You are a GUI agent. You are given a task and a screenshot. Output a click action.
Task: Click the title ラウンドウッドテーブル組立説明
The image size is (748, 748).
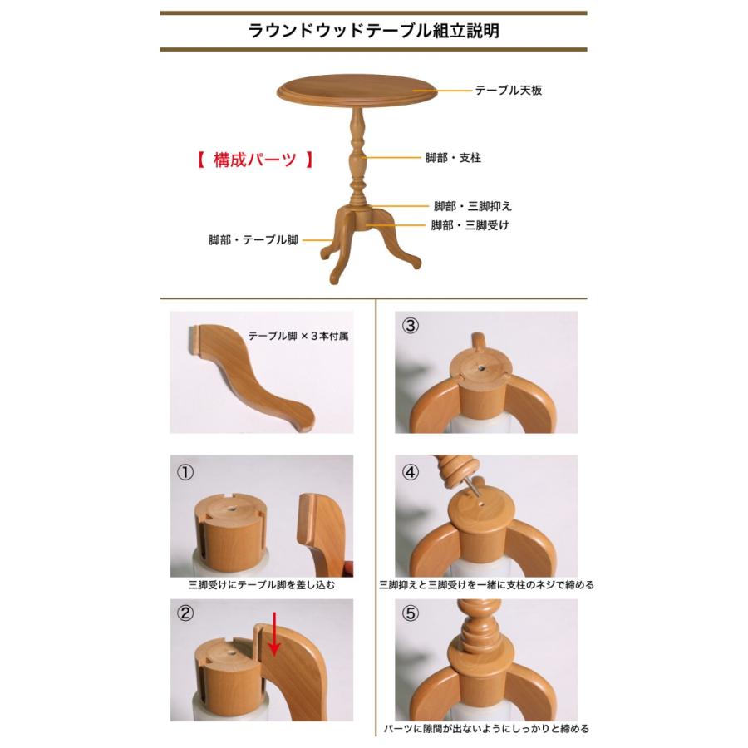[374, 32]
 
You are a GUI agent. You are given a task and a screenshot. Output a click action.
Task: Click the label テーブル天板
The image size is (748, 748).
[508, 91]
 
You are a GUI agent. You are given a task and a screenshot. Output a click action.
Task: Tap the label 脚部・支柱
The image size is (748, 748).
[453, 157]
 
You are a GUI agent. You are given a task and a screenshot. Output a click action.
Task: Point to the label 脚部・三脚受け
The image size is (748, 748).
[470, 225]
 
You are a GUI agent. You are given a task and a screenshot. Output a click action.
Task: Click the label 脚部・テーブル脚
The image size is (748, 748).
[253, 240]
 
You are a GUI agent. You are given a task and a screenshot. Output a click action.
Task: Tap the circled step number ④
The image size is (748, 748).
[410, 472]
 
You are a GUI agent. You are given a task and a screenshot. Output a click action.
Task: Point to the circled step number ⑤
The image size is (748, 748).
[410, 616]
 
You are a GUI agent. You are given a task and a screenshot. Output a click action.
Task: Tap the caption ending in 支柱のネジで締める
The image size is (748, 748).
[486, 585]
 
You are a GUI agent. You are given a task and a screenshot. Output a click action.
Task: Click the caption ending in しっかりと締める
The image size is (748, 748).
[486, 729]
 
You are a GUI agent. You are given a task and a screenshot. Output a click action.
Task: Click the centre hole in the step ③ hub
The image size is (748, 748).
[482, 367]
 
